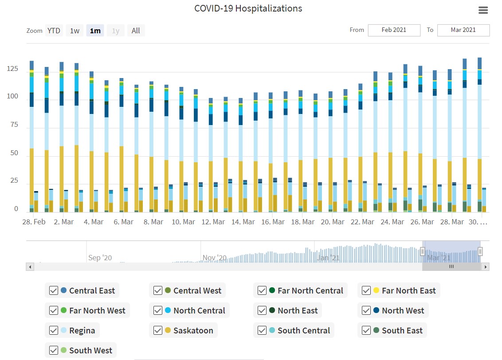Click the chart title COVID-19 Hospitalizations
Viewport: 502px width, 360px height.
click(248, 8)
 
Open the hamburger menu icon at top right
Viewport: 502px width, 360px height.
click(483, 10)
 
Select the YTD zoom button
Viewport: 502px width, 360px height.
click(54, 31)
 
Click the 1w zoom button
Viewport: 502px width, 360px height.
click(75, 31)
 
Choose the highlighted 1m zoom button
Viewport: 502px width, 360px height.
click(95, 31)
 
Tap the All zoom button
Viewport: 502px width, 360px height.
click(136, 31)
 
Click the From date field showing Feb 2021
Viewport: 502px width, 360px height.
click(393, 30)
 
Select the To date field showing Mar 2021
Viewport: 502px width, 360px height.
click(463, 30)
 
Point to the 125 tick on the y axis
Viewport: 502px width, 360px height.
click(12, 69)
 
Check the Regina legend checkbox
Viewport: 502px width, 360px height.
click(54, 330)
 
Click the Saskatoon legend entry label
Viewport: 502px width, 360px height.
click(193, 330)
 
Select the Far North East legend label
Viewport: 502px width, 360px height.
click(408, 290)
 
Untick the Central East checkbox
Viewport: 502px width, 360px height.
click(54, 290)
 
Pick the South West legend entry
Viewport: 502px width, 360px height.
click(90, 350)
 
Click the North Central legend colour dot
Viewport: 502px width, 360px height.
click(168, 310)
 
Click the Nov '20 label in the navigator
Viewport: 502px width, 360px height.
click(214, 258)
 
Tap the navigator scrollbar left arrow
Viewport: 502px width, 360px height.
click(30, 267)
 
